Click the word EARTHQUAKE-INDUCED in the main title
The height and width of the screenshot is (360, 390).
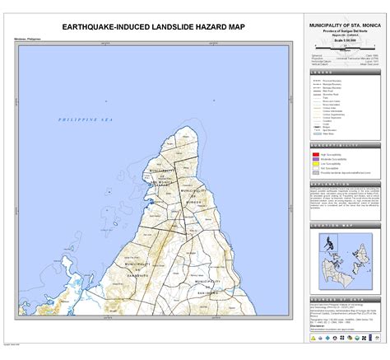click(104, 27)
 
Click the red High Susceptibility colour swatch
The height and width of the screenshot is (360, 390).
click(315, 153)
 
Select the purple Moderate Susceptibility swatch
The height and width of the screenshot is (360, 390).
click(315, 159)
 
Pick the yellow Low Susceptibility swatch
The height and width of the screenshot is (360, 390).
click(315, 165)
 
